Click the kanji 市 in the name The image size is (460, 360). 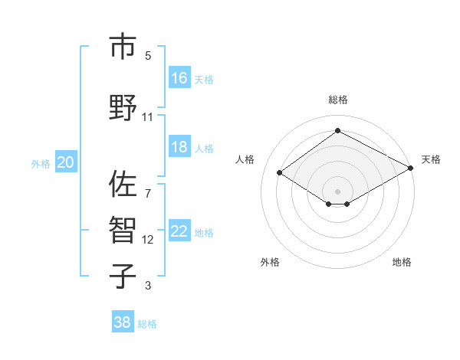click(122, 47)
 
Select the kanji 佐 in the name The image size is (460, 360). click(122, 184)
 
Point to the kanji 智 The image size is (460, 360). click(122, 231)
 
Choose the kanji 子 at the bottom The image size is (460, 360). click(122, 276)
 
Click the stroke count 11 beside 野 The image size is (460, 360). click(147, 117)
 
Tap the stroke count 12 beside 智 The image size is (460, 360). click(147, 240)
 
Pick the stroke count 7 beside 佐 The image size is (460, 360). click(147, 185)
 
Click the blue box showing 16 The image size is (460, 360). click(179, 77)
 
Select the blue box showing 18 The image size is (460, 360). click(179, 147)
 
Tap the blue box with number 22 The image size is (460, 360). click(179, 231)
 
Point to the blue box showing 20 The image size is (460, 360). click(66, 162)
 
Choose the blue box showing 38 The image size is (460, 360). click(123, 322)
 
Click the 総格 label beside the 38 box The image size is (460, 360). click(147, 324)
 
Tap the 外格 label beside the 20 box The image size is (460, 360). click(41, 163)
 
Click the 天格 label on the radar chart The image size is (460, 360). click(431, 159)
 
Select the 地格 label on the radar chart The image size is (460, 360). click(402, 262)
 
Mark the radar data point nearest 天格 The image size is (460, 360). click(412, 169)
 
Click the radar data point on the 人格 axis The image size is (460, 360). click(280, 173)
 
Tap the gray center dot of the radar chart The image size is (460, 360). click(337, 190)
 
